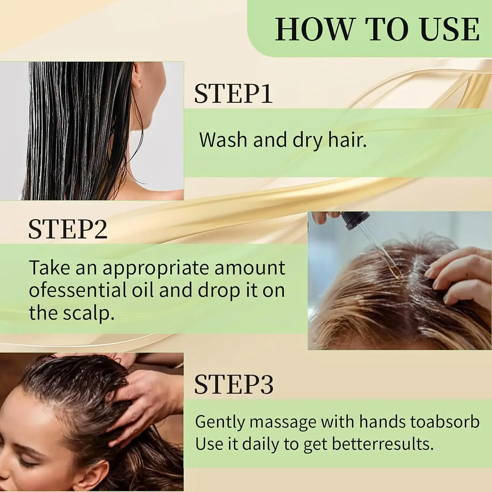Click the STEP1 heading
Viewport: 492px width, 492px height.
click(x=233, y=94)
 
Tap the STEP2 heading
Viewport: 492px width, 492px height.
click(x=68, y=229)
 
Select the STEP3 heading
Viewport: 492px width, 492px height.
click(x=234, y=384)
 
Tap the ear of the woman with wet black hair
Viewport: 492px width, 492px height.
click(x=139, y=77)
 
